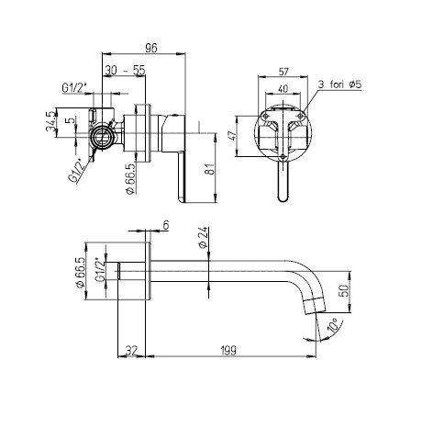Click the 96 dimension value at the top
pos(151,48)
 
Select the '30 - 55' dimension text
pos(124,71)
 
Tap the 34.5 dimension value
pos(51,121)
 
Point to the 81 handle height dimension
pos(211,168)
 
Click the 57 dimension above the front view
pos(283,72)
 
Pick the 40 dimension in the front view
pos(283,88)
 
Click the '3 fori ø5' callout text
pos(339,84)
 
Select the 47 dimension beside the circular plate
pos(233,135)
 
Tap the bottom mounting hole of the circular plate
pos(283,157)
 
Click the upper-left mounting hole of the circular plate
pos(266,116)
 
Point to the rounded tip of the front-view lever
pos(283,199)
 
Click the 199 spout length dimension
pos(228,351)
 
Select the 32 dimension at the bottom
pos(132,351)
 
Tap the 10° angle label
pos(333,325)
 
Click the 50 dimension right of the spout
pos(344,290)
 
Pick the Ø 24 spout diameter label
pos(203,237)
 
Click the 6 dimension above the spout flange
pos(166,225)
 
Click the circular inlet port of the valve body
pos(103,137)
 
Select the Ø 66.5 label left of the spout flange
pos(80,272)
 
